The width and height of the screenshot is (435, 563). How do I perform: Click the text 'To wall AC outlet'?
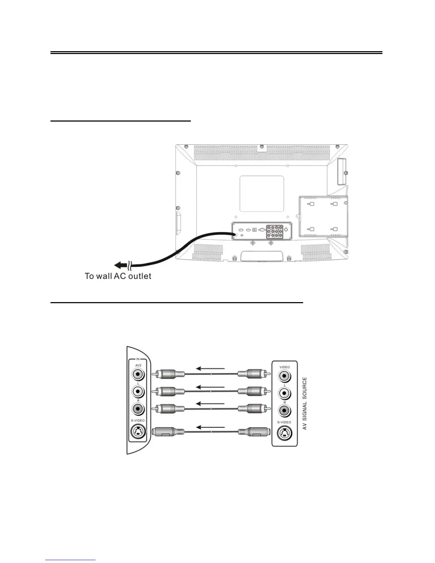click(118, 276)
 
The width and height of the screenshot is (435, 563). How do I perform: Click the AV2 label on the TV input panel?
click(138, 365)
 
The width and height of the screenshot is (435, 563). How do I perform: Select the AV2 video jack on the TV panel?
click(138, 374)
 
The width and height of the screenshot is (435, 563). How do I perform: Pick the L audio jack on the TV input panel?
click(138, 392)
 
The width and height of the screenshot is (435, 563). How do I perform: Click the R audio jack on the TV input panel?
click(138, 409)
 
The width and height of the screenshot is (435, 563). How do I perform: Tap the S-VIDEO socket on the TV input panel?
click(138, 432)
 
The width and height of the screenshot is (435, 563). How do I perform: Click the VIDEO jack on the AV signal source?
click(284, 376)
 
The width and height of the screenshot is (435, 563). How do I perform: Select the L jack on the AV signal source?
click(284, 393)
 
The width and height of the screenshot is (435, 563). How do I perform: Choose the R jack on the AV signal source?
click(284, 411)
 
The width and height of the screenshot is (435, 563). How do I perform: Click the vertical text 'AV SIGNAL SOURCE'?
click(305, 403)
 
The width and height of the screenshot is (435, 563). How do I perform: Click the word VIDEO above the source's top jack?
click(284, 367)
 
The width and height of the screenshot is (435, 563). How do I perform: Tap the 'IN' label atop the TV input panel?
click(138, 359)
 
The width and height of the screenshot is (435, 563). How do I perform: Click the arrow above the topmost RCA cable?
click(211, 369)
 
